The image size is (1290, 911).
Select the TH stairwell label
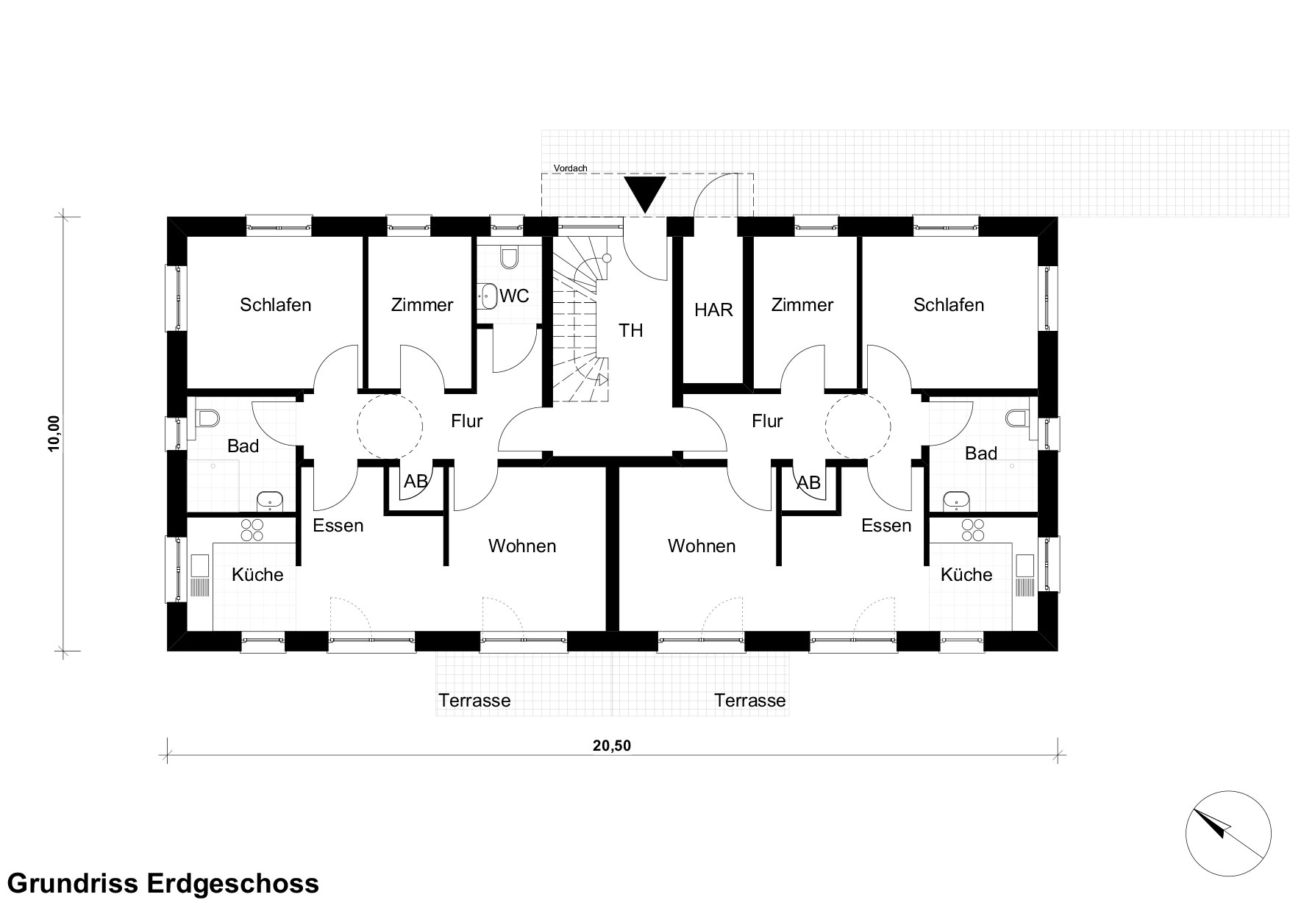click(631, 331)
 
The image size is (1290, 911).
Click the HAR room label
click(713, 310)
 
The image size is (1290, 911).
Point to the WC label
click(514, 296)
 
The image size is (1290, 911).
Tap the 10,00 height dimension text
click(54, 435)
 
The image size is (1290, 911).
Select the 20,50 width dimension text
click(612, 746)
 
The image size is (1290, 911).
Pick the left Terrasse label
click(474, 701)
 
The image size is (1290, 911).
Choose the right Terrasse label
click(750, 701)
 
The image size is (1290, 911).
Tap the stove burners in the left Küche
click(252, 530)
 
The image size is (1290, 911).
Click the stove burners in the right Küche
click(972, 530)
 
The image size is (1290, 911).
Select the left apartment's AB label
click(416, 482)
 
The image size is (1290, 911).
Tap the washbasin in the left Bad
click(270, 501)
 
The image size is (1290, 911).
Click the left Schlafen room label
click(276, 304)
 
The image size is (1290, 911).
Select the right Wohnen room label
click(702, 546)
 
